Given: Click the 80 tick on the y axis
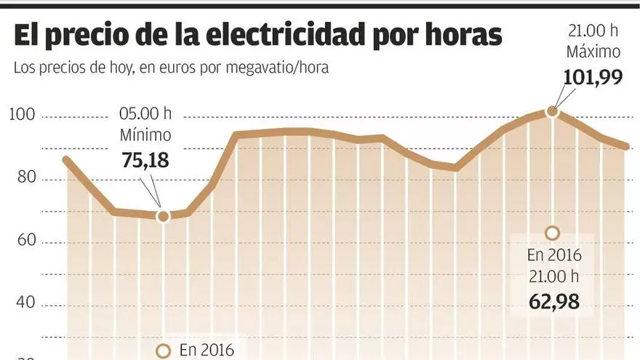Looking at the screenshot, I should click(28, 179).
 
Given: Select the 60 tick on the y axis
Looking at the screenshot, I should click(28, 241).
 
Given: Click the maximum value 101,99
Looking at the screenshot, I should click(593, 76).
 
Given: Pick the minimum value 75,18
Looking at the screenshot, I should click(145, 160).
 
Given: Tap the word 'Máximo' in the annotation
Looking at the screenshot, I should click(593, 52).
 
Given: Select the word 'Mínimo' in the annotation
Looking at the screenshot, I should click(145, 135).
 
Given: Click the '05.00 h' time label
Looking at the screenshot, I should click(145, 114).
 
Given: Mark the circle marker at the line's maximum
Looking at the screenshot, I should click(551, 111).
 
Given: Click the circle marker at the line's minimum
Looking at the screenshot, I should click(162, 216).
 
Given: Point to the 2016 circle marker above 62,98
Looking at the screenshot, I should click(551, 233).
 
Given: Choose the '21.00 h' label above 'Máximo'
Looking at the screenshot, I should click(593, 31).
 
